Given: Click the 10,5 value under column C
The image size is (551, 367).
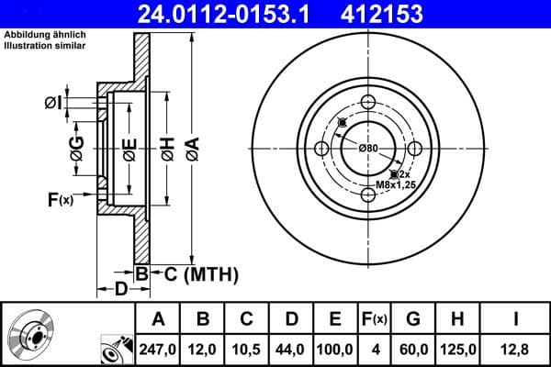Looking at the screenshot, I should pos(247,349).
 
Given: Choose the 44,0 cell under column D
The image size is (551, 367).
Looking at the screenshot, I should pos(290,349).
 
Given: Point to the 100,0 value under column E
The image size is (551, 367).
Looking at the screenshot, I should pos(335,349).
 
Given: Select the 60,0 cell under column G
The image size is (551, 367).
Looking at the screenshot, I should pos(413,349).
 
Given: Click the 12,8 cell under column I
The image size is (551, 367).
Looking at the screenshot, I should pos(515,349).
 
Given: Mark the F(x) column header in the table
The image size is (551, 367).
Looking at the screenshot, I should pos(375,319).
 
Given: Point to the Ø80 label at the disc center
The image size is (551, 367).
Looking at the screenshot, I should pos(368,148).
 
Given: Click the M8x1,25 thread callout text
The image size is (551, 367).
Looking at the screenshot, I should pos(396,185).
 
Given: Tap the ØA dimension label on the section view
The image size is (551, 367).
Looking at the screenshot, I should pos(191,146).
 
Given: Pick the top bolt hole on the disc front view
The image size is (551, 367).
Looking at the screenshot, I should pos(368,102).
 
